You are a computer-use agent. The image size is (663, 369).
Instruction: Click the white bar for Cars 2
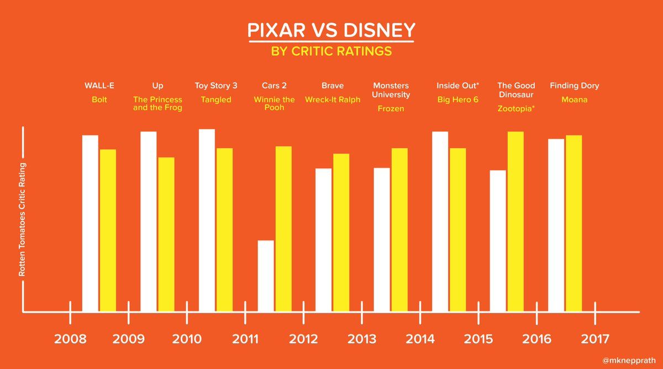[266, 276]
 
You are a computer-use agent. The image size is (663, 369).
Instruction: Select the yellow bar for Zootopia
[515, 221]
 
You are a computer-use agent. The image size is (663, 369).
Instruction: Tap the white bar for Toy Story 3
[207, 220]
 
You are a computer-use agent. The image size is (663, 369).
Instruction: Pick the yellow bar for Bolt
[108, 230]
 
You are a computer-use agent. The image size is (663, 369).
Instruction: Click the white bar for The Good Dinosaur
[498, 241]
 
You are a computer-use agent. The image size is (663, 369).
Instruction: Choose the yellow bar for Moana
[574, 223]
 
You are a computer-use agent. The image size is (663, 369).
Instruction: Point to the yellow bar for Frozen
[399, 230]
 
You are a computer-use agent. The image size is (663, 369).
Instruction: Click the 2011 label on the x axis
[245, 339]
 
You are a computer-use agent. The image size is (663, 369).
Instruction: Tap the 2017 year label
[595, 339]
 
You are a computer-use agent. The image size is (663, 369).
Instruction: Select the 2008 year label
[70, 339]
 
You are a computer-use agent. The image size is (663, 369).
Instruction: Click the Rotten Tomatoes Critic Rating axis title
[22, 220]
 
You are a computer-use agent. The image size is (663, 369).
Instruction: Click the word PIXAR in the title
[276, 30]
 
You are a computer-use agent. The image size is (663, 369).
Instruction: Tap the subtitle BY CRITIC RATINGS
[331, 51]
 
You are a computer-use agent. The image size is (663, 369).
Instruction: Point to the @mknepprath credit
[629, 361]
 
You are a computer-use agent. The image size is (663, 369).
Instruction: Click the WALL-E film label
[99, 86]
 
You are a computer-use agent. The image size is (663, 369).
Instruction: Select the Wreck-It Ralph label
[333, 100]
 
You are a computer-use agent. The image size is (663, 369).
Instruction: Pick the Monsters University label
[391, 90]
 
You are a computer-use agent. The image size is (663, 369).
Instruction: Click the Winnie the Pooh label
[274, 103]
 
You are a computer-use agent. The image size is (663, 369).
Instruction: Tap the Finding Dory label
[574, 86]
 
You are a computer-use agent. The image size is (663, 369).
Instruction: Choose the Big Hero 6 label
[457, 100]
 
